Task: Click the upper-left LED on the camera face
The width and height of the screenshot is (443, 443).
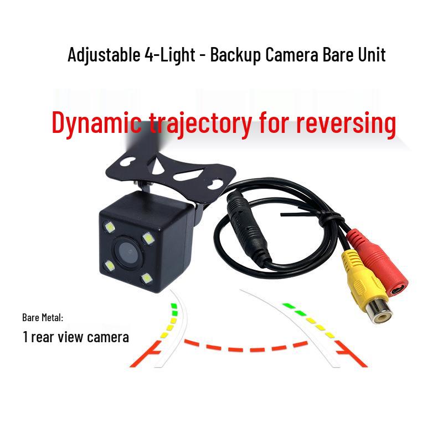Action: coord(106,227)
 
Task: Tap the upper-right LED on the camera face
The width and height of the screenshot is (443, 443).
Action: coord(148,238)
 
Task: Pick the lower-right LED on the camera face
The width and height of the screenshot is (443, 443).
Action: coord(146,278)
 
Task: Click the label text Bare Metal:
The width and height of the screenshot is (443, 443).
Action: coord(43,318)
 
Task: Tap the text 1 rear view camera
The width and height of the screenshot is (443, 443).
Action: coord(76,336)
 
